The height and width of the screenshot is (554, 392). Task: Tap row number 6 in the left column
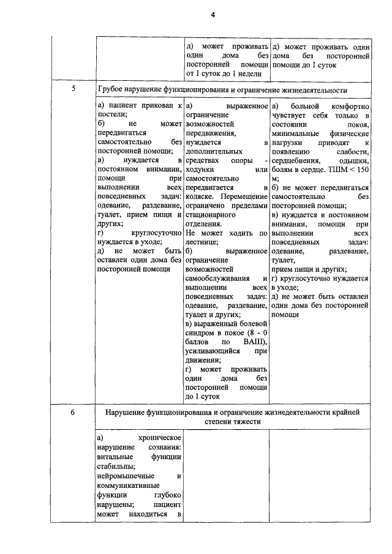click(x=73, y=413)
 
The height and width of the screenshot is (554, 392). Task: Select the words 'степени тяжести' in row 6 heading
click(x=233, y=422)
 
